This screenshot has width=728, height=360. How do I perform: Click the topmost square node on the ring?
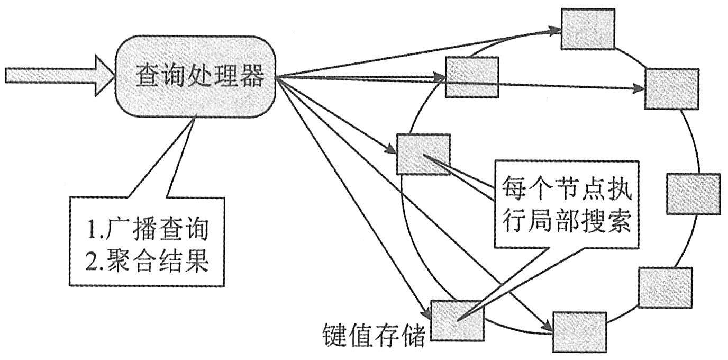pyautogui.click(x=588, y=29)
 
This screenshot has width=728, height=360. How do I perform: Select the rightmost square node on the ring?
pyautogui.click(x=693, y=194)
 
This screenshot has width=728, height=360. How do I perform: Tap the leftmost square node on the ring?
pyautogui.click(x=423, y=154)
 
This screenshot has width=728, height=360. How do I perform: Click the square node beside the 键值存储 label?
pyautogui.click(x=458, y=320)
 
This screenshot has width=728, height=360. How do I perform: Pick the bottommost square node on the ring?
pyautogui.click(x=579, y=332)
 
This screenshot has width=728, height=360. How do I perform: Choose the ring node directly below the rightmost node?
pyautogui.click(x=665, y=287)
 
